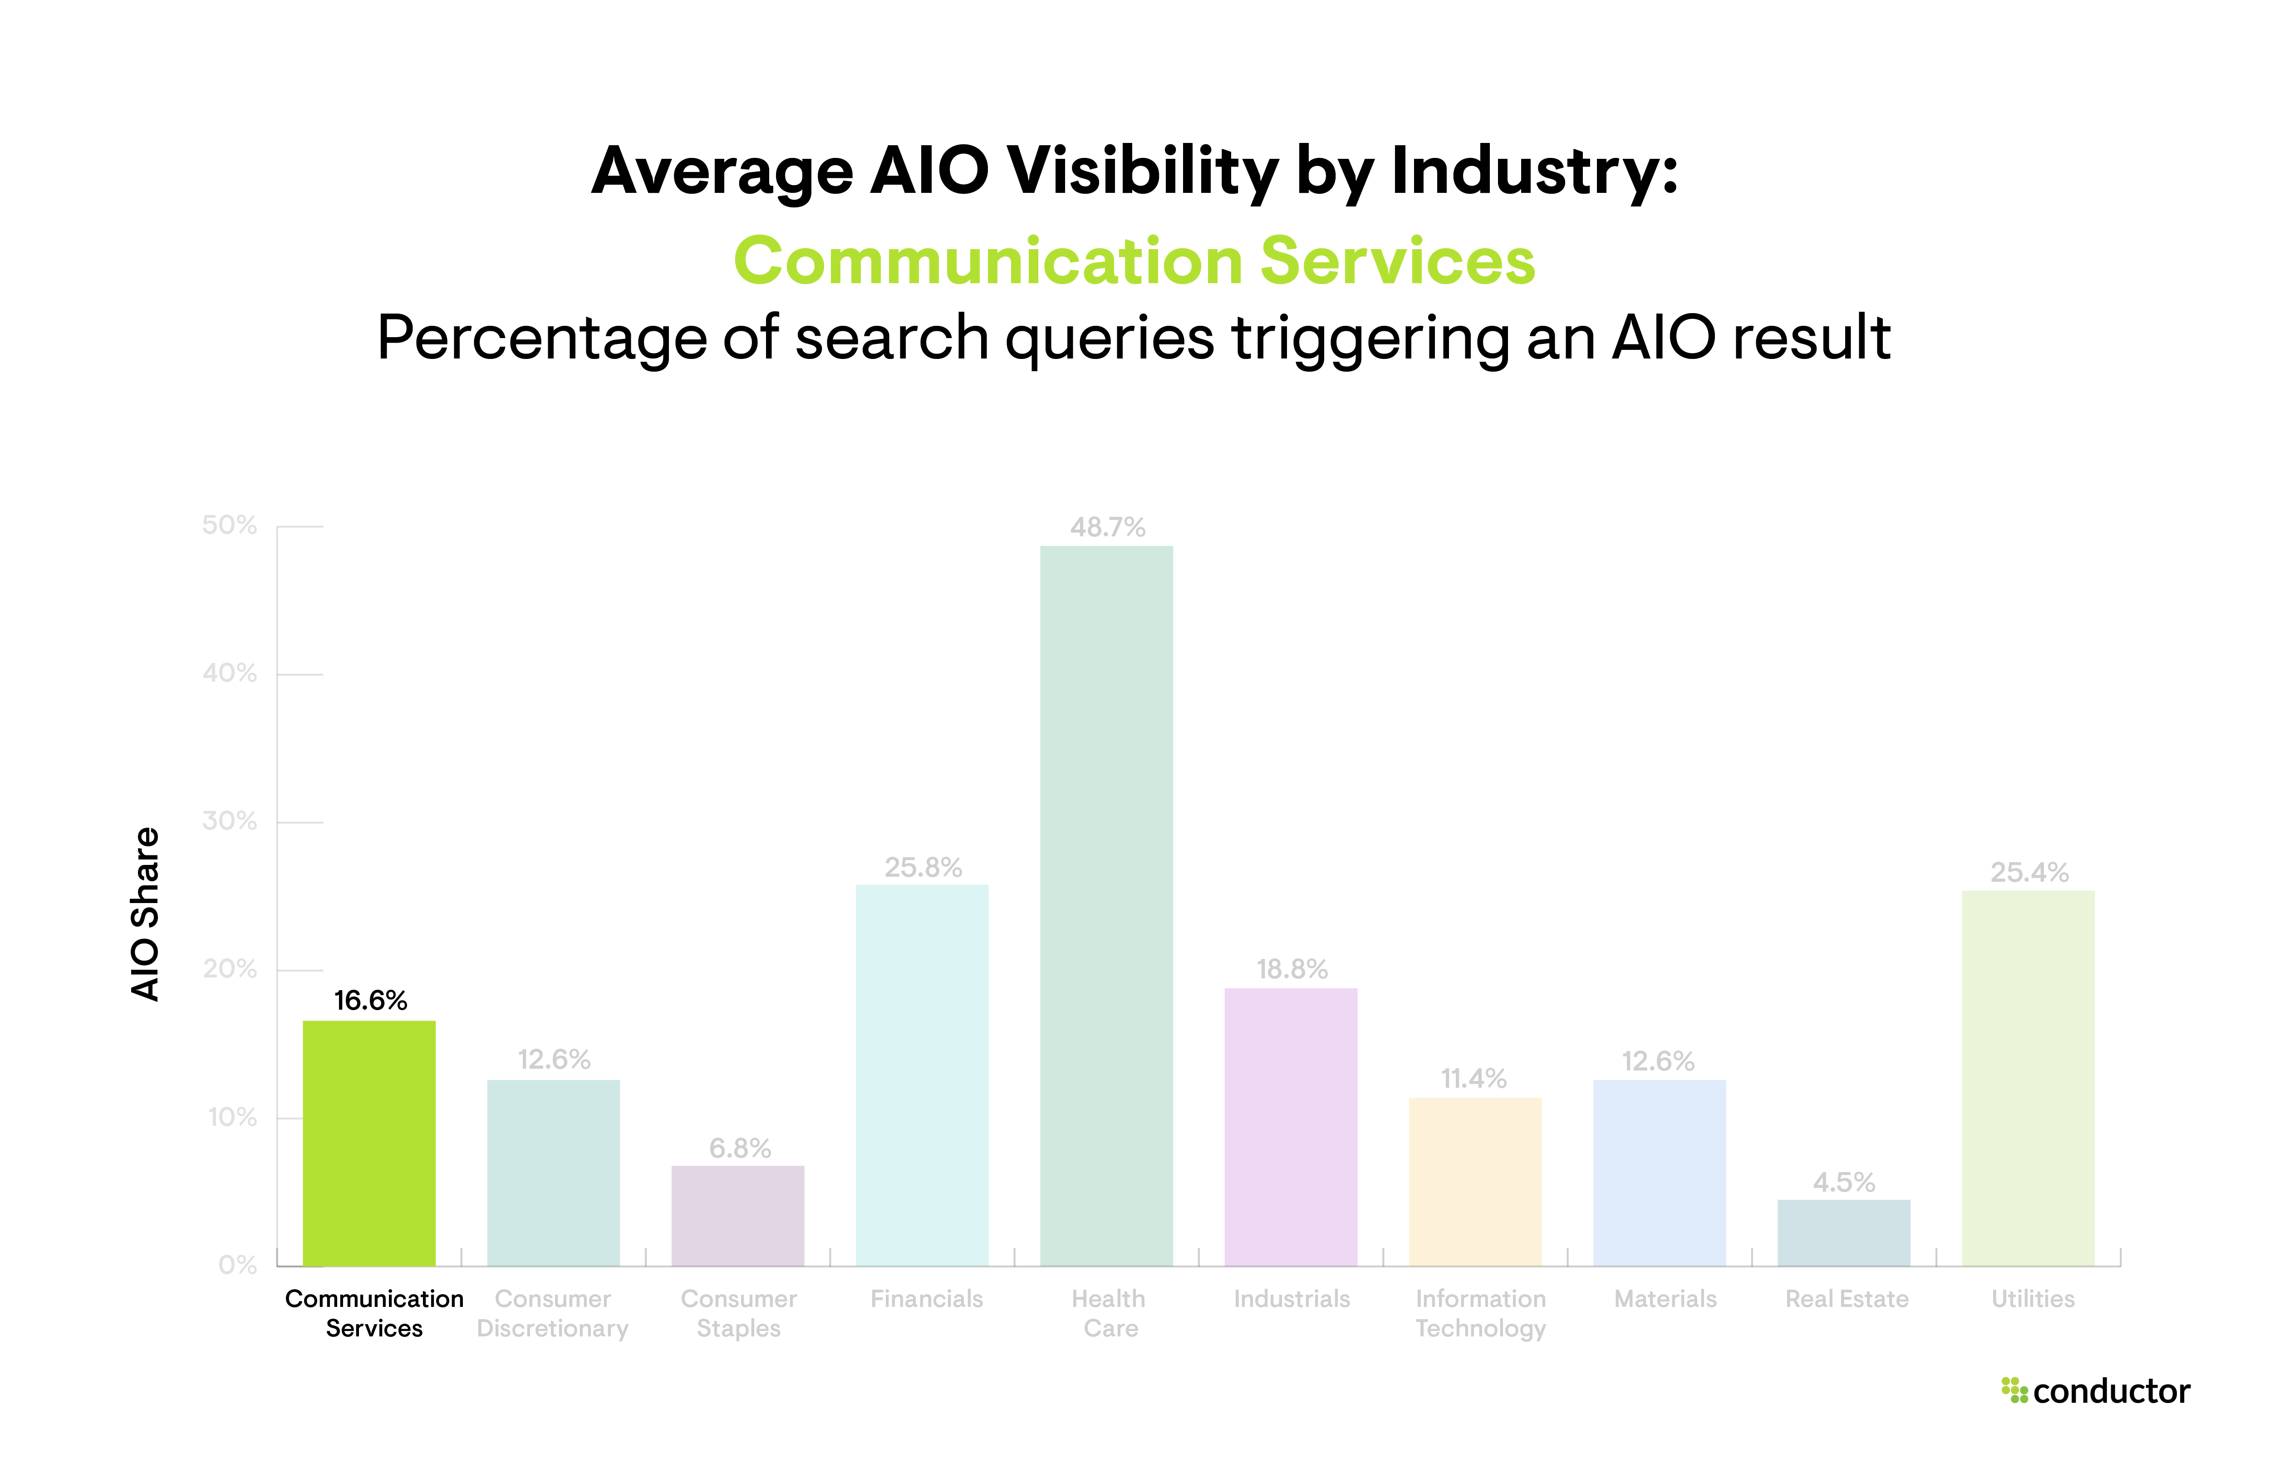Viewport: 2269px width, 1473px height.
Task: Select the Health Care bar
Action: coord(1106,906)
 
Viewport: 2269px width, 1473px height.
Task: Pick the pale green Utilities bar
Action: coord(2028,1077)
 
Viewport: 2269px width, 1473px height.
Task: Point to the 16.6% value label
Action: coord(370,1000)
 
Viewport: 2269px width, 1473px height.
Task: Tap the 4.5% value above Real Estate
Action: coord(1844,1182)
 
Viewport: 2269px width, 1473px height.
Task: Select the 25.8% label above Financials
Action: coord(923,868)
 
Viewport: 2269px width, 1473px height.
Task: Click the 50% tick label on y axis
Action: coord(230,525)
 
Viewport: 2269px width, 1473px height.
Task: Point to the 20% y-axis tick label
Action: coord(230,970)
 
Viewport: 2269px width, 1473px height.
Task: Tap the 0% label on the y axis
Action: coord(237,1265)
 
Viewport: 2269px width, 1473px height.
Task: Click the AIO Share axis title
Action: coord(145,913)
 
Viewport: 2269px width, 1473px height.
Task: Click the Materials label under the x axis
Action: coord(1665,1299)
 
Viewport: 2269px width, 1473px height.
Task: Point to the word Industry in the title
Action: coord(1533,172)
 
